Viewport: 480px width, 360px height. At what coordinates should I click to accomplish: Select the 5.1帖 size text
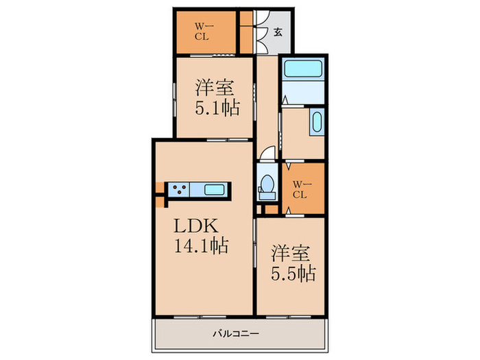point(217,108)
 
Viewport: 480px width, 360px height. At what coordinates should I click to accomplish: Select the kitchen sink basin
point(214,190)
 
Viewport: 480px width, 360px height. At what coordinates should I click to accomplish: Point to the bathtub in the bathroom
point(303,69)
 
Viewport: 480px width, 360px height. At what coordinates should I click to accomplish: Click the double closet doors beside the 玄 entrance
point(259,32)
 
